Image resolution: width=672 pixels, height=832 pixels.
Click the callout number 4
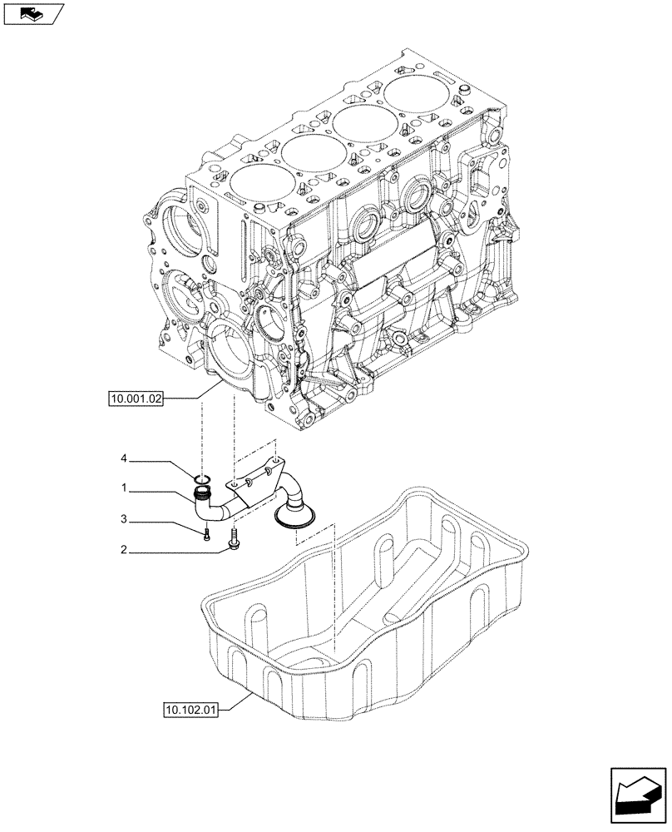tap(123, 458)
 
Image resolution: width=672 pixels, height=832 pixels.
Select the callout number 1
tap(123, 488)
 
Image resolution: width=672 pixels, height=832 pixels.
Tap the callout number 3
tap(123, 520)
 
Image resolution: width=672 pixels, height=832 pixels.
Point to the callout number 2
tap(123, 549)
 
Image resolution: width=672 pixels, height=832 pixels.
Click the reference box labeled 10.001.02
tap(136, 399)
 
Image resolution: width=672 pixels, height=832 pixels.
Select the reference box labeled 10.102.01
tap(191, 709)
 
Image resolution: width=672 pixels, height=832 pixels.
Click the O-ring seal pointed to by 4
tap(202, 479)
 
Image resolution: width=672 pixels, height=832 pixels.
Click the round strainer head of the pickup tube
tap(294, 515)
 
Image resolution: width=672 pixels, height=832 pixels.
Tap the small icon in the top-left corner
tap(34, 12)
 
